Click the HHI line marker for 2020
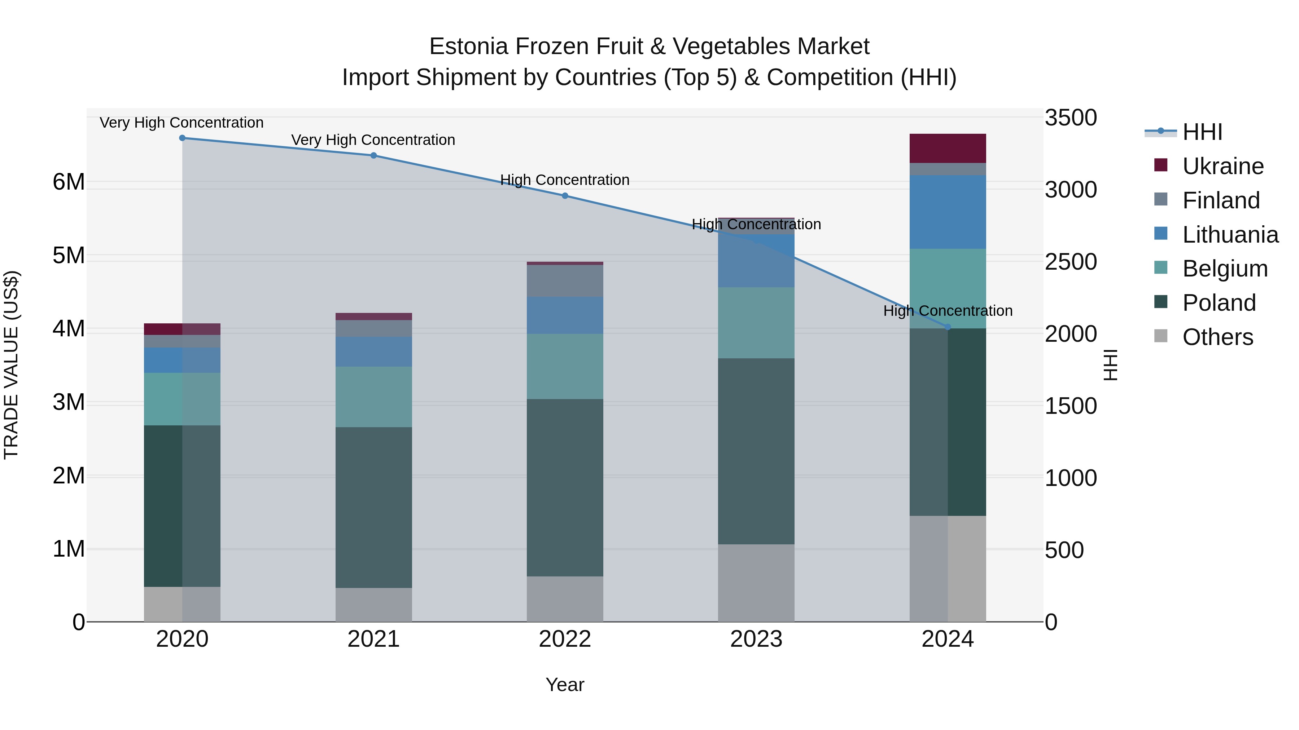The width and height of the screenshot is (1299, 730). pyautogui.click(x=183, y=138)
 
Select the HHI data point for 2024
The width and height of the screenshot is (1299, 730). pyautogui.click(x=948, y=327)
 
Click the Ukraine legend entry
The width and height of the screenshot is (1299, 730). pyautogui.click(x=1223, y=166)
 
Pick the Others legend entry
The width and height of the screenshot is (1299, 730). pyautogui.click(x=1217, y=337)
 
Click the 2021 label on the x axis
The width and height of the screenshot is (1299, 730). pyautogui.click(x=374, y=639)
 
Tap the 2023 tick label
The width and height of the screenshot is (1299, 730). pyautogui.click(x=756, y=639)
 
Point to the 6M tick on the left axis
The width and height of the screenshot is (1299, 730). pyautogui.click(x=69, y=182)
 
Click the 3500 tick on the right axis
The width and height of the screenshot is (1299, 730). pyautogui.click(x=1071, y=118)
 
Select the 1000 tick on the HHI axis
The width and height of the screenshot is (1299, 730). pyautogui.click(x=1071, y=478)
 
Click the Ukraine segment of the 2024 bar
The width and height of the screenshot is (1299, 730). pyautogui.click(x=948, y=149)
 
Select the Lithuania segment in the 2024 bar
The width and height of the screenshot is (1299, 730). pyautogui.click(x=948, y=212)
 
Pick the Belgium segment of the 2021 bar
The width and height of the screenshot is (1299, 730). pyautogui.click(x=374, y=397)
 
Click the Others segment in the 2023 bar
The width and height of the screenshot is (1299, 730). pyautogui.click(x=756, y=583)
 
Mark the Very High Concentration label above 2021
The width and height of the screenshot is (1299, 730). pyautogui.click(x=373, y=140)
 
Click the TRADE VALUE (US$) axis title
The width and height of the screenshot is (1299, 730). pyautogui.click(x=11, y=365)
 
